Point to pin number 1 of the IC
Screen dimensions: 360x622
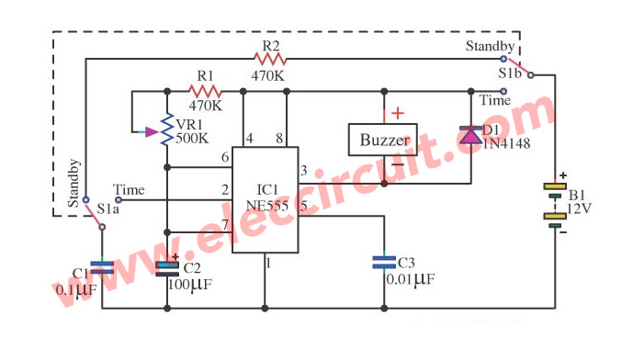[268, 265]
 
